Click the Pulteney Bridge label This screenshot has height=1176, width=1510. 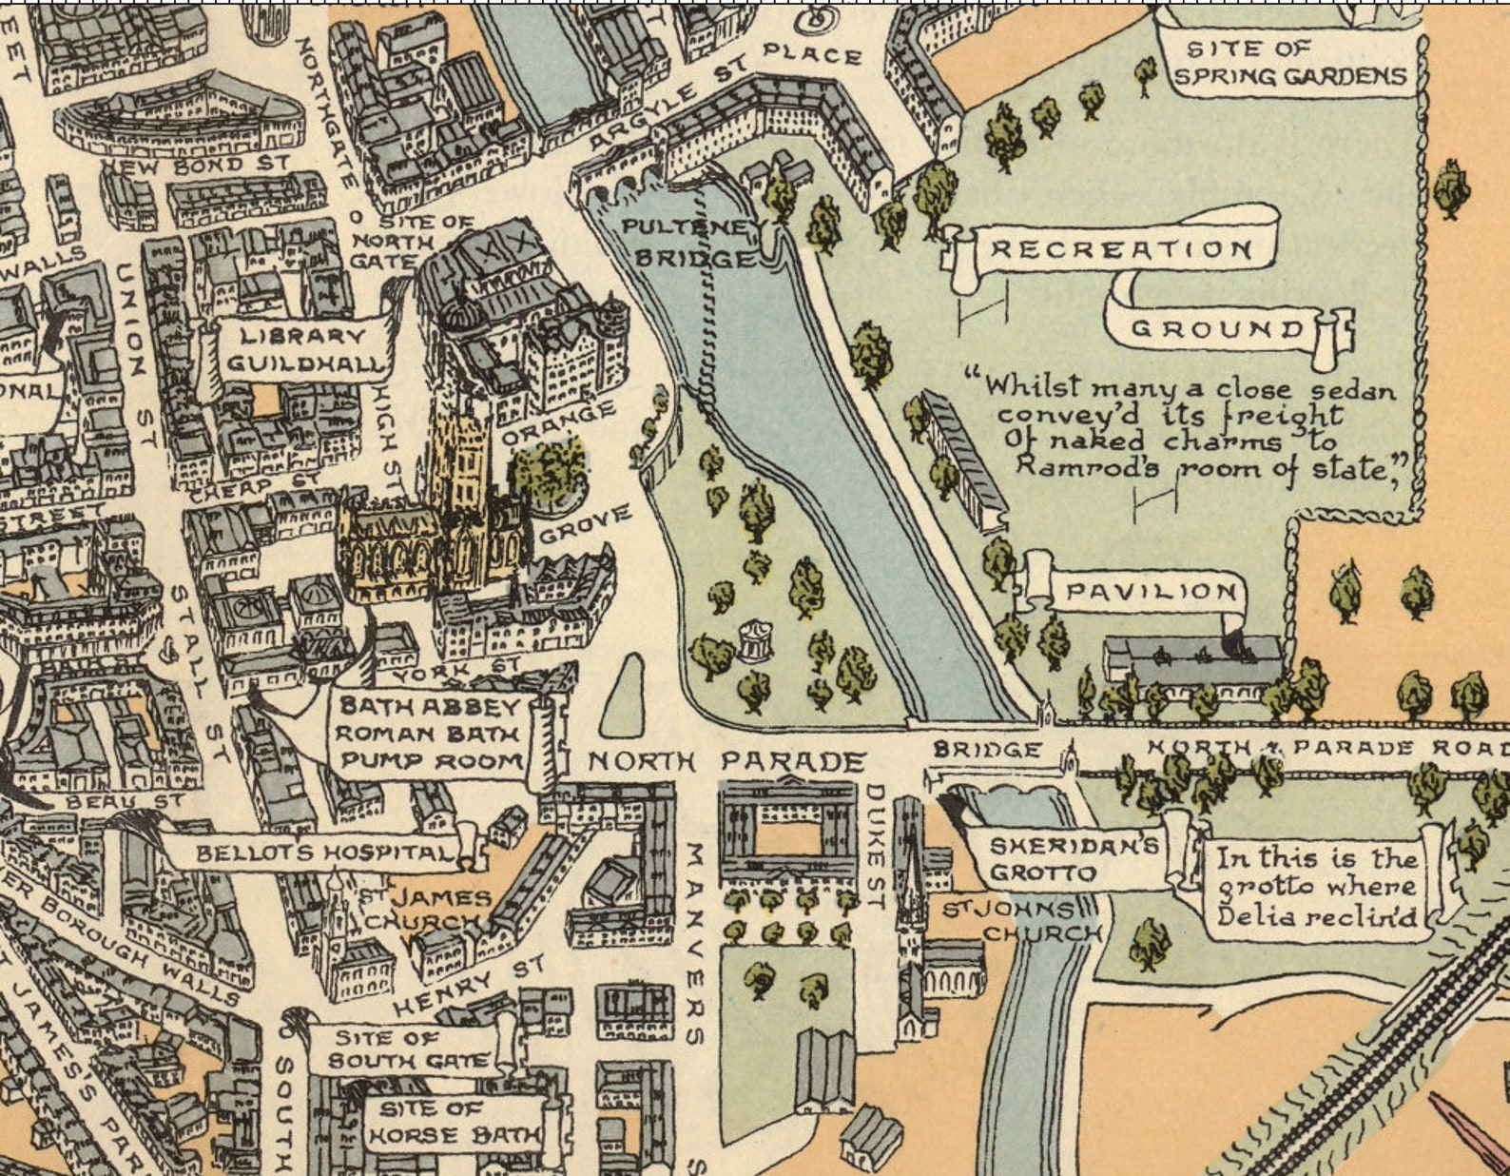(692, 244)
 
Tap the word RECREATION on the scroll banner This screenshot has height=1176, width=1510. (1121, 250)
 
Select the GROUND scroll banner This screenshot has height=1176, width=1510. (1217, 330)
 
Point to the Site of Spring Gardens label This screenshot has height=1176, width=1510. (1288, 63)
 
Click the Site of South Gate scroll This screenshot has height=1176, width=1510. (411, 1049)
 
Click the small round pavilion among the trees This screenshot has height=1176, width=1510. (755, 640)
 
